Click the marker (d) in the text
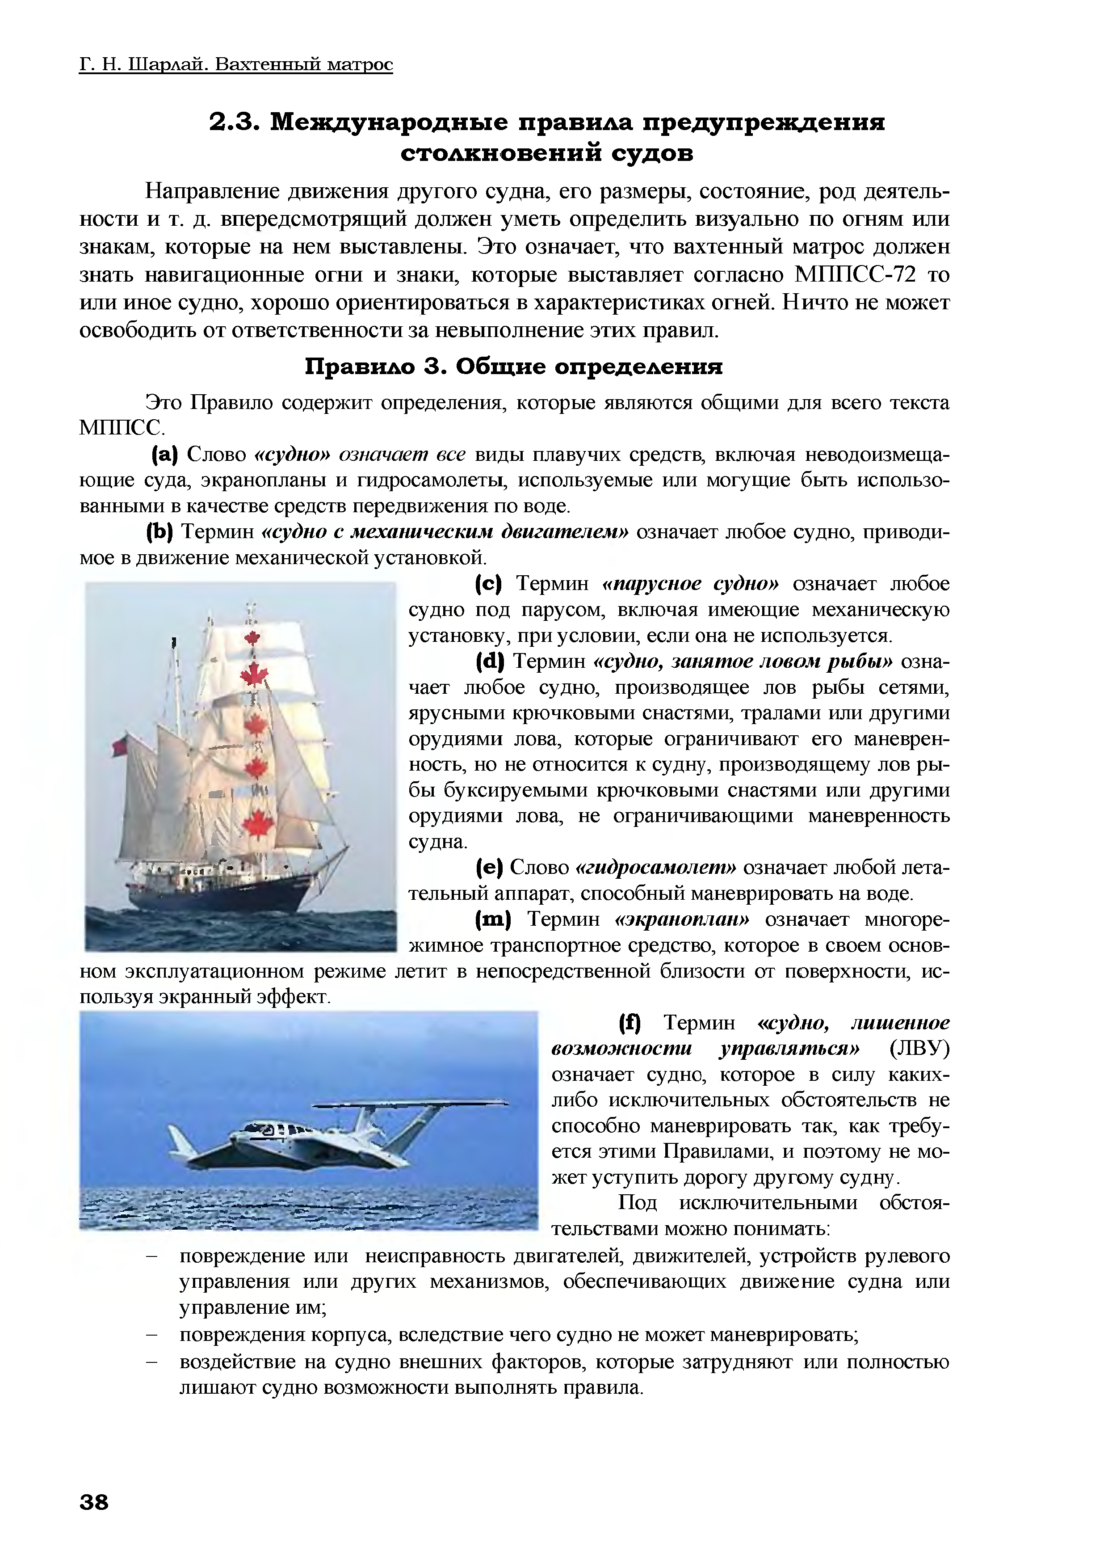[489, 661]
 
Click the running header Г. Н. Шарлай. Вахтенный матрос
[235, 64]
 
